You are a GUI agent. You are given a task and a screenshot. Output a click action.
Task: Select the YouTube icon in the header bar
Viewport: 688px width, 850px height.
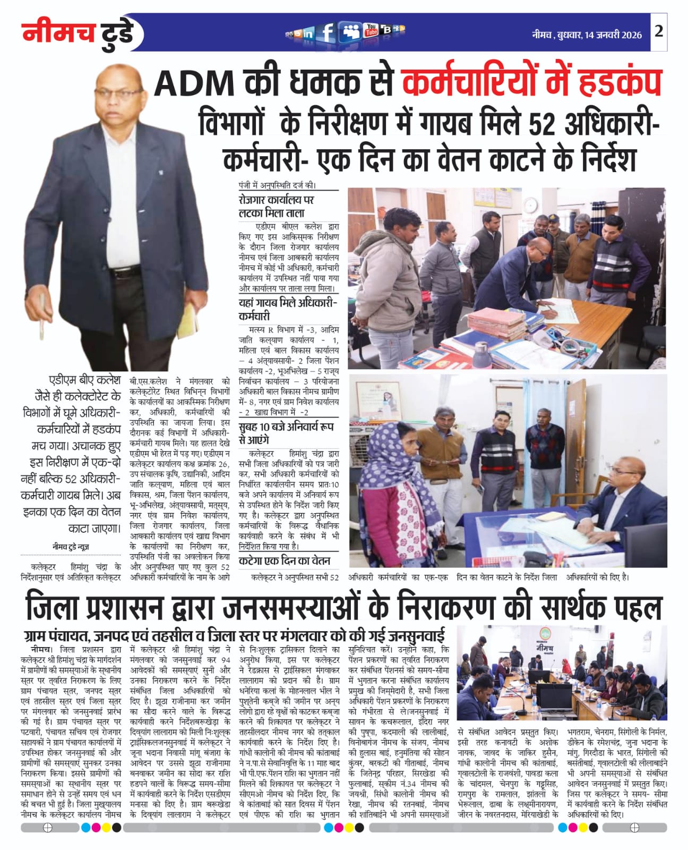[371, 31]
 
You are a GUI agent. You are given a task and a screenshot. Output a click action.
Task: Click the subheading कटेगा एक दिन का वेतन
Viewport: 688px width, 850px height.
[285, 560]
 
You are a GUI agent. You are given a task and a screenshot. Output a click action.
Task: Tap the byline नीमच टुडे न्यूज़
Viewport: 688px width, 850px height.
[71, 547]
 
